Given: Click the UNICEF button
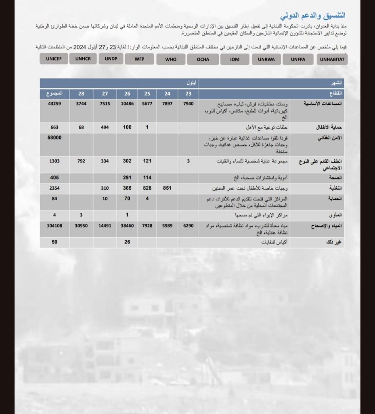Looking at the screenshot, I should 54,59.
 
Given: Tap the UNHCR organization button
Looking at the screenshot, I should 83,59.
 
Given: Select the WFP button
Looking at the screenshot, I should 140,59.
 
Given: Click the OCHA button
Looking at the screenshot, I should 203,59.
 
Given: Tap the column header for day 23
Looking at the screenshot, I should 188,94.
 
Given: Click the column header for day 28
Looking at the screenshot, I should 81,94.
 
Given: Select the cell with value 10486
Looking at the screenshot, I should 127,104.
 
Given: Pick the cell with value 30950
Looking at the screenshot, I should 81,226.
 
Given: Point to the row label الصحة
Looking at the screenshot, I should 336,177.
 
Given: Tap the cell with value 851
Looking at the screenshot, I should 168,188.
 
